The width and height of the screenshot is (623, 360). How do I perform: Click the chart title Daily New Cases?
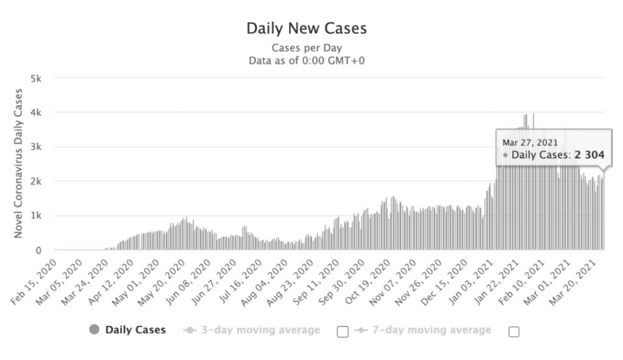click(x=306, y=29)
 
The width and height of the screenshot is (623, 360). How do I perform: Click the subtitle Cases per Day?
click(x=307, y=47)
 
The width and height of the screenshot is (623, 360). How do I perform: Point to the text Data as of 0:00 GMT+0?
click(x=307, y=60)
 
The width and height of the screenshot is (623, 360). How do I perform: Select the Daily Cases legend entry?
click(x=135, y=330)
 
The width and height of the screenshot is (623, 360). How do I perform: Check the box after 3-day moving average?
click(x=343, y=331)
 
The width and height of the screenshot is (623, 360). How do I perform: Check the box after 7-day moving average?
click(x=513, y=331)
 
